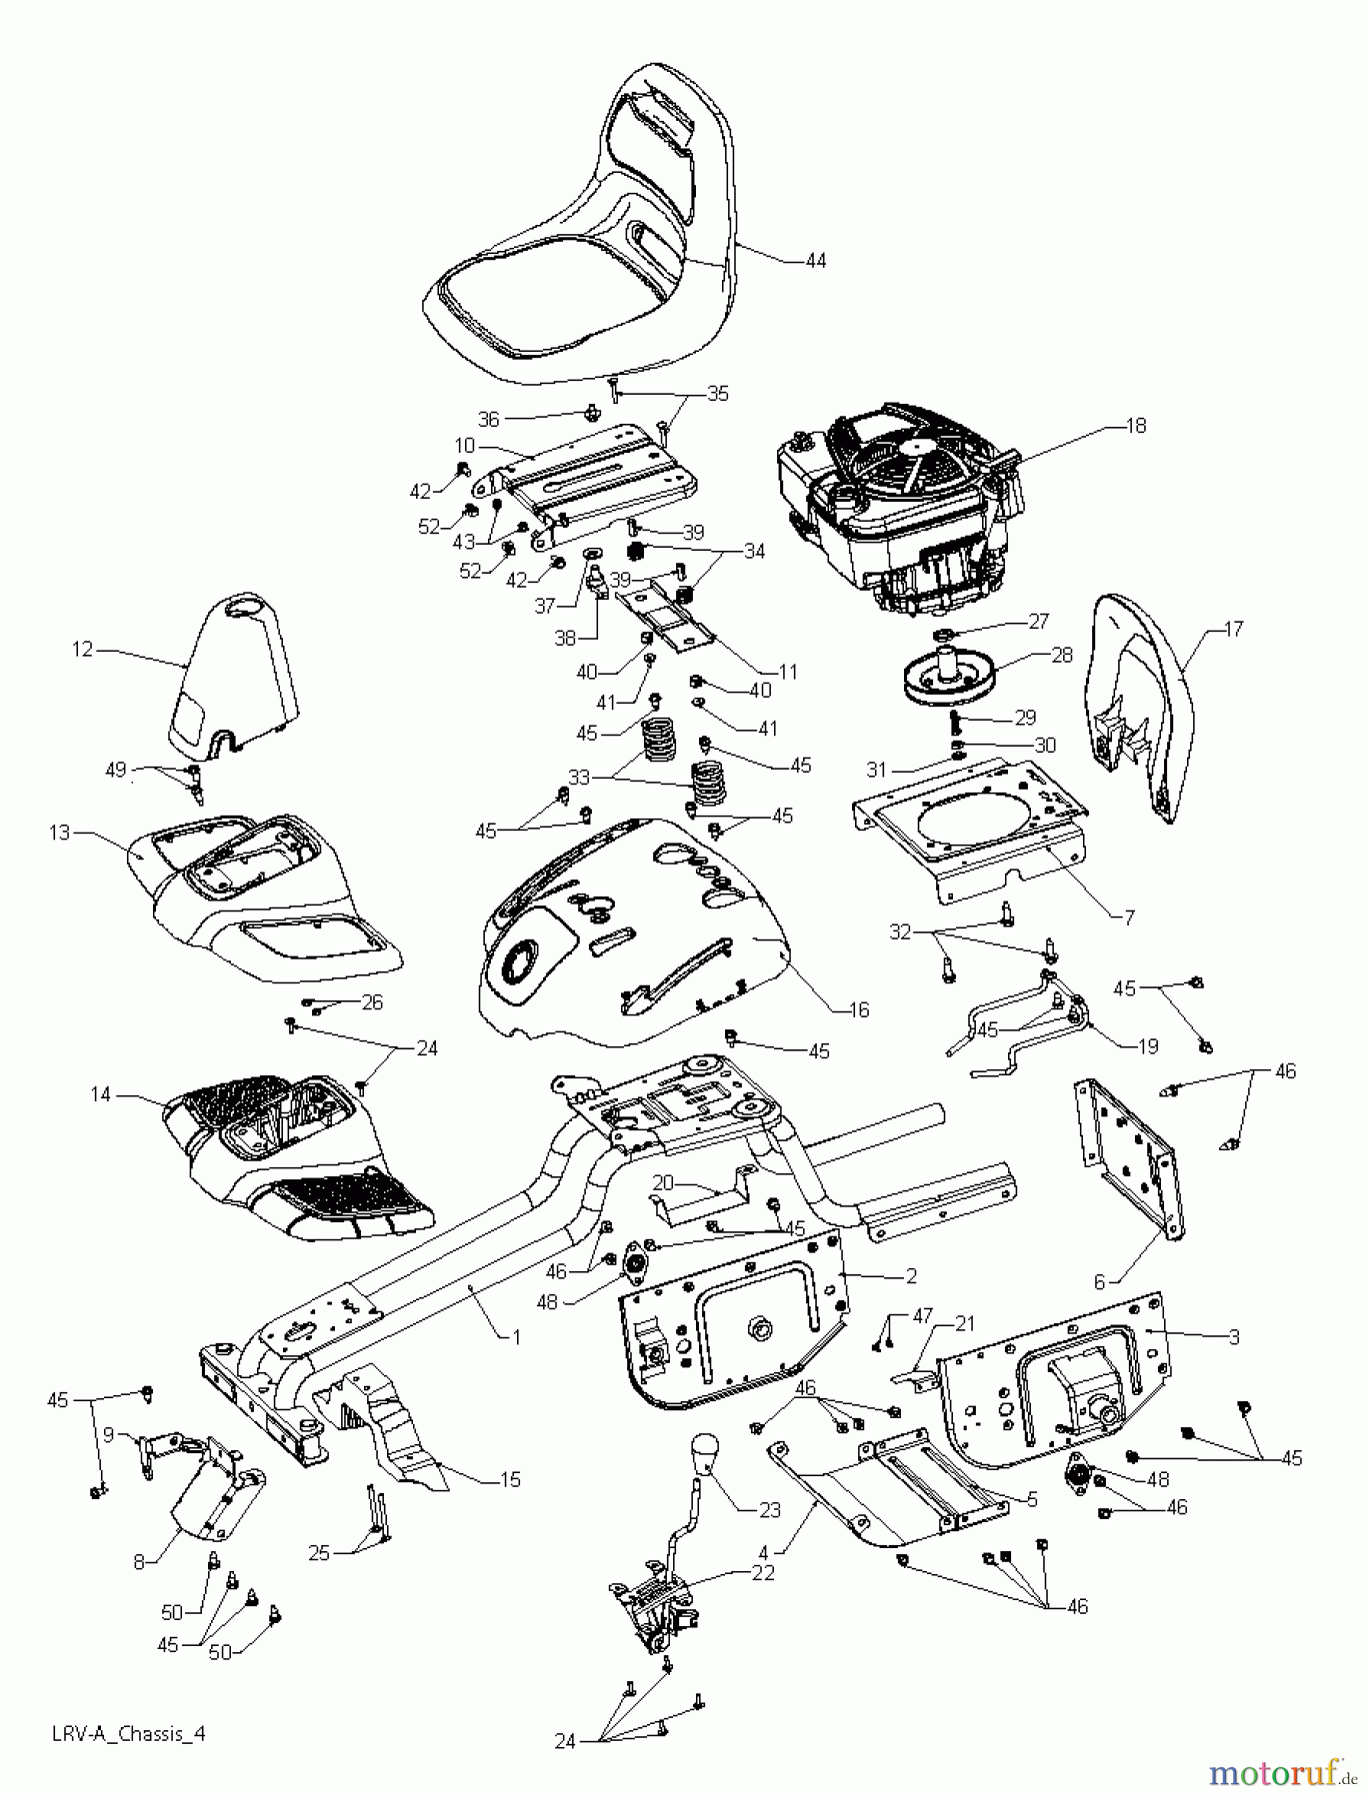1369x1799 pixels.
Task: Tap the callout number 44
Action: click(x=816, y=260)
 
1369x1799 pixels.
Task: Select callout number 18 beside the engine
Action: click(x=1136, y=426)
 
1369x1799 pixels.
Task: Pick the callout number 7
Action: click(x=1129, y=917)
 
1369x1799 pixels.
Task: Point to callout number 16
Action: click(x=858, y=1009)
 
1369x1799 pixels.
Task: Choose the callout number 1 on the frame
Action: click(x=516, y=1335)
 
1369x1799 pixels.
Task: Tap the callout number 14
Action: click(x=100, y=1094)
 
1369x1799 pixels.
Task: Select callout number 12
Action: click(x=82, y=650)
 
